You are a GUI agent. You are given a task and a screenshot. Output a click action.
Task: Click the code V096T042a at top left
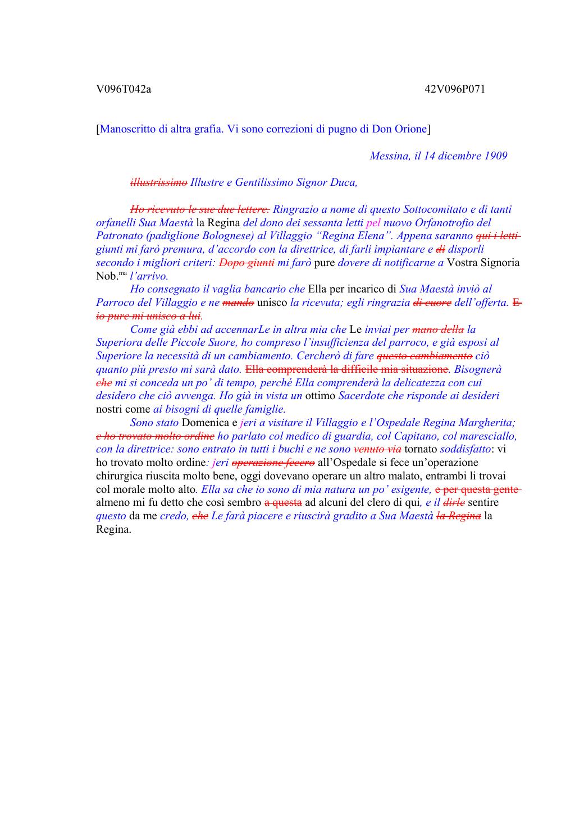[x=124, y=89]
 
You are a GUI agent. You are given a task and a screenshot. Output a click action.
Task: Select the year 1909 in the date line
[x=495, y=156]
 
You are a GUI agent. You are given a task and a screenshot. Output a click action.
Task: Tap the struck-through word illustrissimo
[x=159, y=182]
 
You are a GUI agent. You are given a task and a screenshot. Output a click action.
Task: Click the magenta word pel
[x=373, y=223]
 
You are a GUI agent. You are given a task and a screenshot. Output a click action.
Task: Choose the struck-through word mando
[x=238, y=303]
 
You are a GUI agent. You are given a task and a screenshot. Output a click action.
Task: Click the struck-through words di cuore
[x=432, y=303]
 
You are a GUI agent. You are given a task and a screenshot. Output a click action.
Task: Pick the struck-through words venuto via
[x=377, y=449]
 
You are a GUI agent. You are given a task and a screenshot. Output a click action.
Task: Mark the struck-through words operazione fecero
[x=273, y=463]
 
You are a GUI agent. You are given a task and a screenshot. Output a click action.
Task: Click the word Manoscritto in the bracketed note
[x=127, y=129]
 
